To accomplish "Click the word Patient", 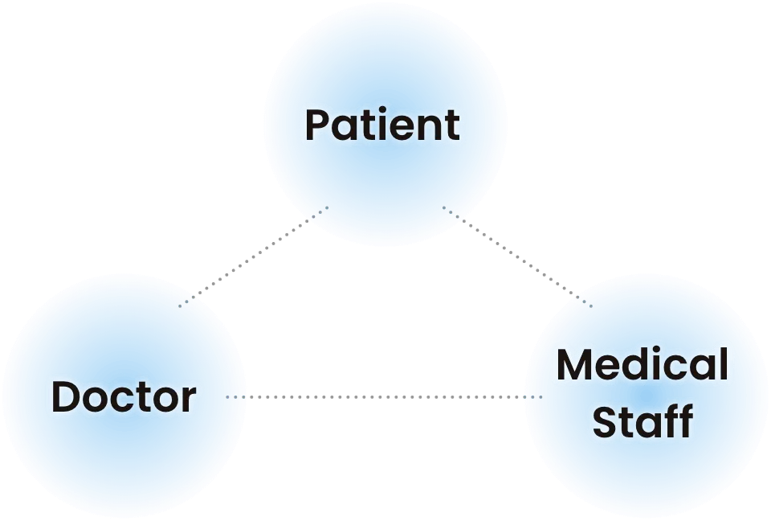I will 382,125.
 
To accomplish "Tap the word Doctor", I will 124,396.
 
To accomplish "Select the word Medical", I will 642,365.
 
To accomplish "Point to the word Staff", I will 642,421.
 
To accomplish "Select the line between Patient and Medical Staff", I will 520,260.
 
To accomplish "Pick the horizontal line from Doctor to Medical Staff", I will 385,396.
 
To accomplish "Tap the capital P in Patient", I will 318,125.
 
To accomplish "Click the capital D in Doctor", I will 66,396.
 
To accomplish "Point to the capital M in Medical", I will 577,365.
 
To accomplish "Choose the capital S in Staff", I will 604,421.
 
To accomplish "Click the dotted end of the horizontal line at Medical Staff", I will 532,396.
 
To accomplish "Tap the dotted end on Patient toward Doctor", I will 318,214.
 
